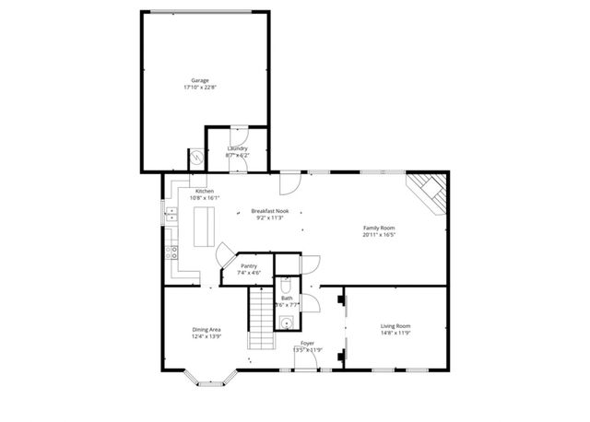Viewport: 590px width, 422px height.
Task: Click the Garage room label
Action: pyautogui.click(x=200, y=82)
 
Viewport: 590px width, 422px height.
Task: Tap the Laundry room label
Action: pyautogui.click(x=237, y=148)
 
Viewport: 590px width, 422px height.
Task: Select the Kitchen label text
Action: pyautogui.click(x=204, y=191)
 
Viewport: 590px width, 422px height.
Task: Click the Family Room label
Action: pyautogui.click(x=378, y=228)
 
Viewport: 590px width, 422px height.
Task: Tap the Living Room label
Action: pyautogui.click(x=396, y=325)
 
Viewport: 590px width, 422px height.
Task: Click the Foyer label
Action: pyautogui.click(x=307, y=343)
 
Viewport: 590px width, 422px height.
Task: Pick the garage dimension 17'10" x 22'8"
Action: pyautogui.click(x=200, y=88)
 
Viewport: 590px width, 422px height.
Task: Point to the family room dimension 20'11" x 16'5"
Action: pyautogui.click(x=378, y=235)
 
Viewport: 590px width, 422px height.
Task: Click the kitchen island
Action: pyautogui.click(x=203, y=227)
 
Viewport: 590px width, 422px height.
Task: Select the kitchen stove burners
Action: pyautogui.click(x=171, y=251)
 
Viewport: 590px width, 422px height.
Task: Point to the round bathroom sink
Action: pyautogui.click(x=287, y=322)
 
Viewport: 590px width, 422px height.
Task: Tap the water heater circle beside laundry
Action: pyautogui.click(x=195, y=158)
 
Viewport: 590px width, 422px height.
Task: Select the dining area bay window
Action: pyautogui.click(x=210, y=378)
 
